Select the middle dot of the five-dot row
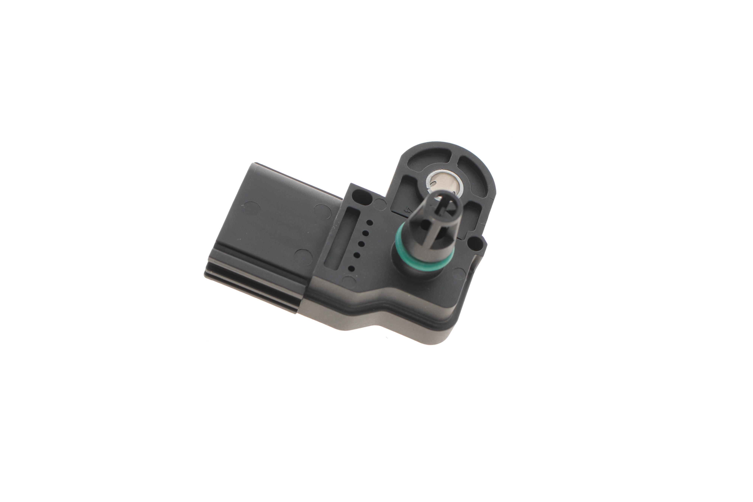click(361, 244)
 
